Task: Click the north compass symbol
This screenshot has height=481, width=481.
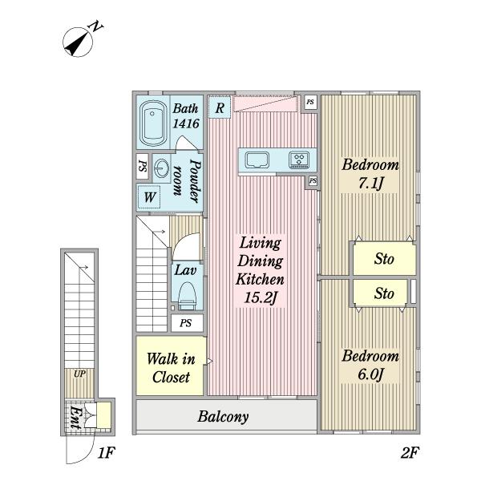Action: (x=78, y=42)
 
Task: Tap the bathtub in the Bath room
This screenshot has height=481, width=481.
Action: (x=152, y=123)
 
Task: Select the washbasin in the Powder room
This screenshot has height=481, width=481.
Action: (x=161, y=168)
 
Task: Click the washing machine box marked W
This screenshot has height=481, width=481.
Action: (x=149, y=196)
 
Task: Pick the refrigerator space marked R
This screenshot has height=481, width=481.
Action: (x=220, y=107)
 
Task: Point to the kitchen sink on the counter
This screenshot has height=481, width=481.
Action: (x=257, y=160)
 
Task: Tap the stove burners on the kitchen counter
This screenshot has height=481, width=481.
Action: (x=299, y=160)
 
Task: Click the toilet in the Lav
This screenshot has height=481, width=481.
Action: (x=187, y=296)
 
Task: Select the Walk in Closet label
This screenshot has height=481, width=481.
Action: (x=171, y=368)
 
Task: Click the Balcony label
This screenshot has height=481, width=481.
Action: (x=223, y=417)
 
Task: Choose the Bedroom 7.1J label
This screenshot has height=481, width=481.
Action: (x=370, y=174)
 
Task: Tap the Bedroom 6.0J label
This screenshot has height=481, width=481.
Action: (x=370, y=365)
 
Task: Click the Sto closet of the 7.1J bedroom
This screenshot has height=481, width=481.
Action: (x=384, y=259)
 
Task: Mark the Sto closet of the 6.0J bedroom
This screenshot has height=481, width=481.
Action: (x=380, y=293)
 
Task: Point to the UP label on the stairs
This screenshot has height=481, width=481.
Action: (x=79, y=374)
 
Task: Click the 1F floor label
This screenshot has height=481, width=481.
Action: (x=106, y=453)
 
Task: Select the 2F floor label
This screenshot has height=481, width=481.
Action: (x=410, y=453)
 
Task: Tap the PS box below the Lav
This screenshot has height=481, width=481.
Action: (x=187, y=323)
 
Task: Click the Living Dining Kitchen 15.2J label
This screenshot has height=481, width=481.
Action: (x=260, y=270)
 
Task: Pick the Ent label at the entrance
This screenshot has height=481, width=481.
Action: (x=75, y=418)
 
